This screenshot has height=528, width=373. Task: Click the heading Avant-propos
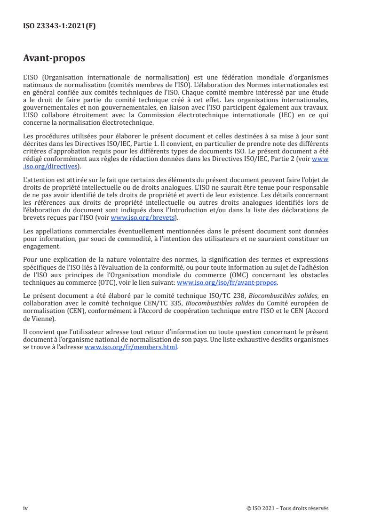coord(54,59)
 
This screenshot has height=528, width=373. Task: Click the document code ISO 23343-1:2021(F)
coord(59,26)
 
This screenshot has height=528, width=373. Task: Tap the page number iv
coord(25,508)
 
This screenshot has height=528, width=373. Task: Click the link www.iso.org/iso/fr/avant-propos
coord(227,283)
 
